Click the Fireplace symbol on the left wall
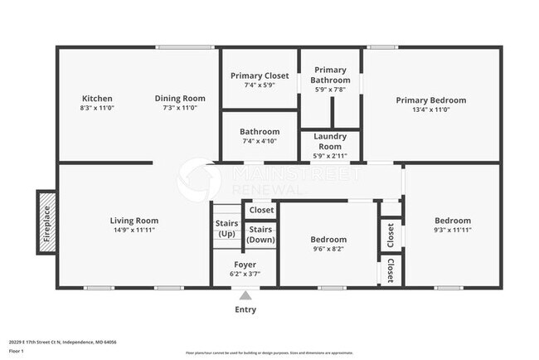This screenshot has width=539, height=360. [45, 221]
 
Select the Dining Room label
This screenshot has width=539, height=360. [180, 99]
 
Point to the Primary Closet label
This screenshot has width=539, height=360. [260, 75]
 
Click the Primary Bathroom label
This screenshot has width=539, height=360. [331, 75]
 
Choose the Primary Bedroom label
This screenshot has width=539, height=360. [430, 100]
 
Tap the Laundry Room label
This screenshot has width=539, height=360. [330, 141]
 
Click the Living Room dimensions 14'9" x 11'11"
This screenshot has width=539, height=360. [134, 230]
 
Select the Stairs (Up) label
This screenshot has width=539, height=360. [227, 228]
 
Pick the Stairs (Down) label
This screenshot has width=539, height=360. [261, 234]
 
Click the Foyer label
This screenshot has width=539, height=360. [245, 265]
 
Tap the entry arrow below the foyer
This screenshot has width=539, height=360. [245, 294]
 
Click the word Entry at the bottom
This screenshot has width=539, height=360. [245, 309]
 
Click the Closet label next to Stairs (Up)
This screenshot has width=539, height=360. [262, 210]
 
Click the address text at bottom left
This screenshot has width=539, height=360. [63, 341]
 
